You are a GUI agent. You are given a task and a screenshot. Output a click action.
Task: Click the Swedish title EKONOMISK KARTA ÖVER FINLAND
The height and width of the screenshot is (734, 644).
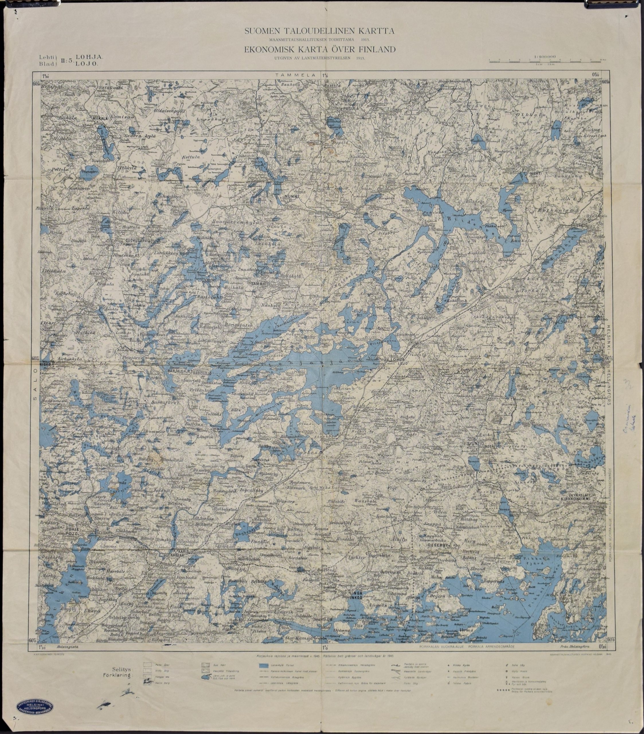pyautogui.click(x=320, y=50)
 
